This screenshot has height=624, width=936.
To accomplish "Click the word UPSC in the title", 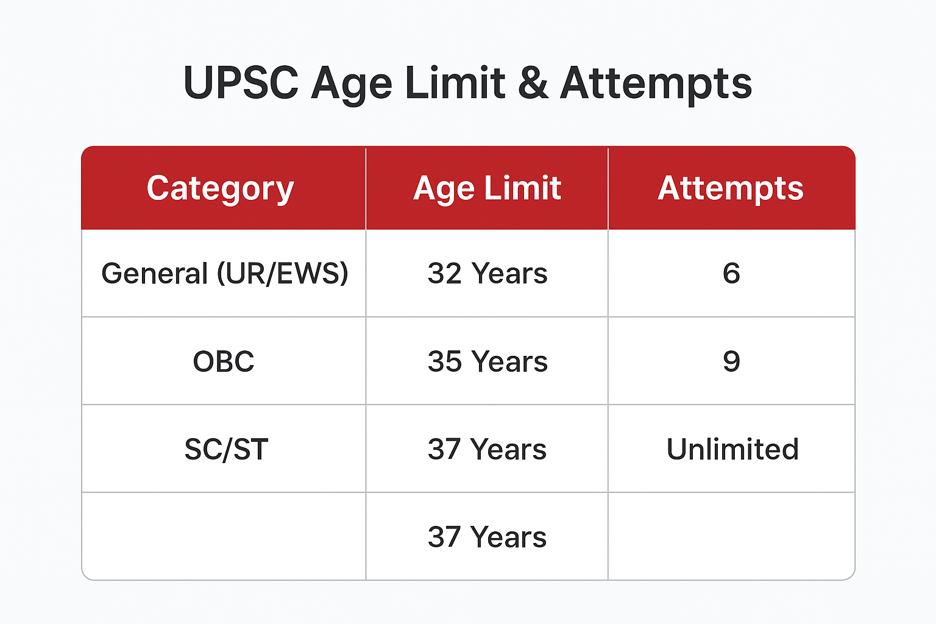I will click(x=241, y=83).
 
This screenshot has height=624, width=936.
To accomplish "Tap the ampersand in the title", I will click(x=533, y=83).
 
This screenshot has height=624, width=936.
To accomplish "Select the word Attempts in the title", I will click(x=656, y=84).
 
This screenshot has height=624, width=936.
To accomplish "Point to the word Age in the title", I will click(x=352, y=84).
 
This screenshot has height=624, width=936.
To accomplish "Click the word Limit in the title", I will click(x=455, y=83).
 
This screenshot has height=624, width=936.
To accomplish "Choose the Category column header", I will click(x=221, y=188).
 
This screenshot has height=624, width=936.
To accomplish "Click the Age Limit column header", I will click(x=487, y=188).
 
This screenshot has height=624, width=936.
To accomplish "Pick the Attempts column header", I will click(x=731, y=188).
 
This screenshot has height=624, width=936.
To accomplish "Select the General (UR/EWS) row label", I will click(x=224, y=273).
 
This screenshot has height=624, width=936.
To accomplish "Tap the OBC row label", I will click(x=224, y=361).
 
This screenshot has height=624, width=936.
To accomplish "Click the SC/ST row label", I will click(x=226, y=450).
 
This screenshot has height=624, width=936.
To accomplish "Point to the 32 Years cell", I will click(x=487, y=273).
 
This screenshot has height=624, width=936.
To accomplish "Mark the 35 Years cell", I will click(x=487, y=361).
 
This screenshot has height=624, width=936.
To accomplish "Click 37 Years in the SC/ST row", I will click(x=487, y=450).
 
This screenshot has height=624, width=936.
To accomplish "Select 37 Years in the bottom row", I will click(x=487, y=537).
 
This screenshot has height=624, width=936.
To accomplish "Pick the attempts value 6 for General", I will click(x=731, y=273).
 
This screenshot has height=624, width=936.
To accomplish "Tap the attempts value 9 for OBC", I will click(x=731, y=361).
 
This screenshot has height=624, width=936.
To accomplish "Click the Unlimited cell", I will click(x=732, y=450).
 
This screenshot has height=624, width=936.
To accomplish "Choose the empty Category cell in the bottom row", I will click(x=224, y=536).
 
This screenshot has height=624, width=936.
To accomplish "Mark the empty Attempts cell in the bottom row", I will click(x=731, y=536).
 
